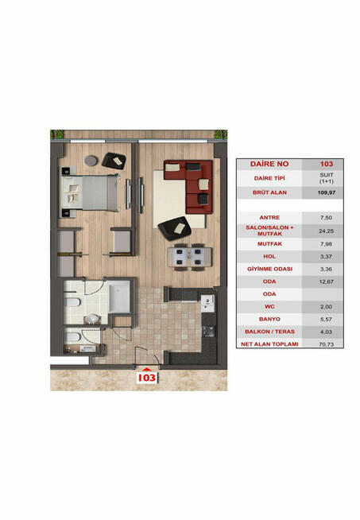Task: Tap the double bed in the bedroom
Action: point(90,192)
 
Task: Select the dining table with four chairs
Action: point(189,257)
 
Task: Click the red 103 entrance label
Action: point(147,378)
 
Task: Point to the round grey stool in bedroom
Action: point(91,161)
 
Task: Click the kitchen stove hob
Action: point(209,331)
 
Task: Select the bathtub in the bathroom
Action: point(119,297)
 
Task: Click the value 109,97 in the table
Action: point(326,192)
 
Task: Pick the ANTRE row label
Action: point(269,218)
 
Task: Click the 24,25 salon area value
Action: point(326,231)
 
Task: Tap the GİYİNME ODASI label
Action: point(269,269)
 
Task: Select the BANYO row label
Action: point(269,319)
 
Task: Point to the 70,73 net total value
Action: point(326,344)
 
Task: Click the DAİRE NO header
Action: point(269,164)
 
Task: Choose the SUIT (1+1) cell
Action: point(327,178)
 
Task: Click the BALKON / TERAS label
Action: point(269,332)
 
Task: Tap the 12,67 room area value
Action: point(326,282)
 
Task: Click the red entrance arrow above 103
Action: point(146,369)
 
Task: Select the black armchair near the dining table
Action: point(175,228)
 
